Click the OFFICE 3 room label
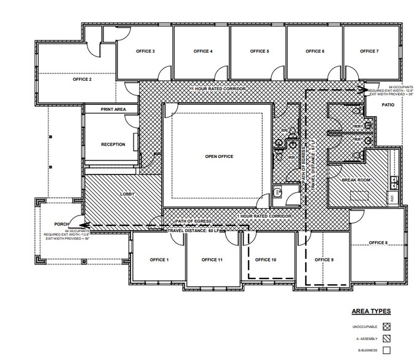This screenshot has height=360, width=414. click(x=145, y=51)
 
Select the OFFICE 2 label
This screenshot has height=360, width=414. click(x=82, y=80)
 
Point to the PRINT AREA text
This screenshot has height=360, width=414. click(x=113, y=110)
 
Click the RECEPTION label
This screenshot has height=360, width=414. click(x=113, y=145)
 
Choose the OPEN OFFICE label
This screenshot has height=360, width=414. click(x=219, y=157)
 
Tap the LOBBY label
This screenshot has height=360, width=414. click(x=128, y=194)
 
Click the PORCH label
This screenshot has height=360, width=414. click(x=60, y=223)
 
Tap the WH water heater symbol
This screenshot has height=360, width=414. click(x=276, y=192)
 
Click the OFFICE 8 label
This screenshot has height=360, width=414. click(x=378, y=243)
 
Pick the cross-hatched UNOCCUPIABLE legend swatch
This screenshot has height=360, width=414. click(x=386, y=326)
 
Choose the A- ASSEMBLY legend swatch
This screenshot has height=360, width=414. click(x=386, y=339)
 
